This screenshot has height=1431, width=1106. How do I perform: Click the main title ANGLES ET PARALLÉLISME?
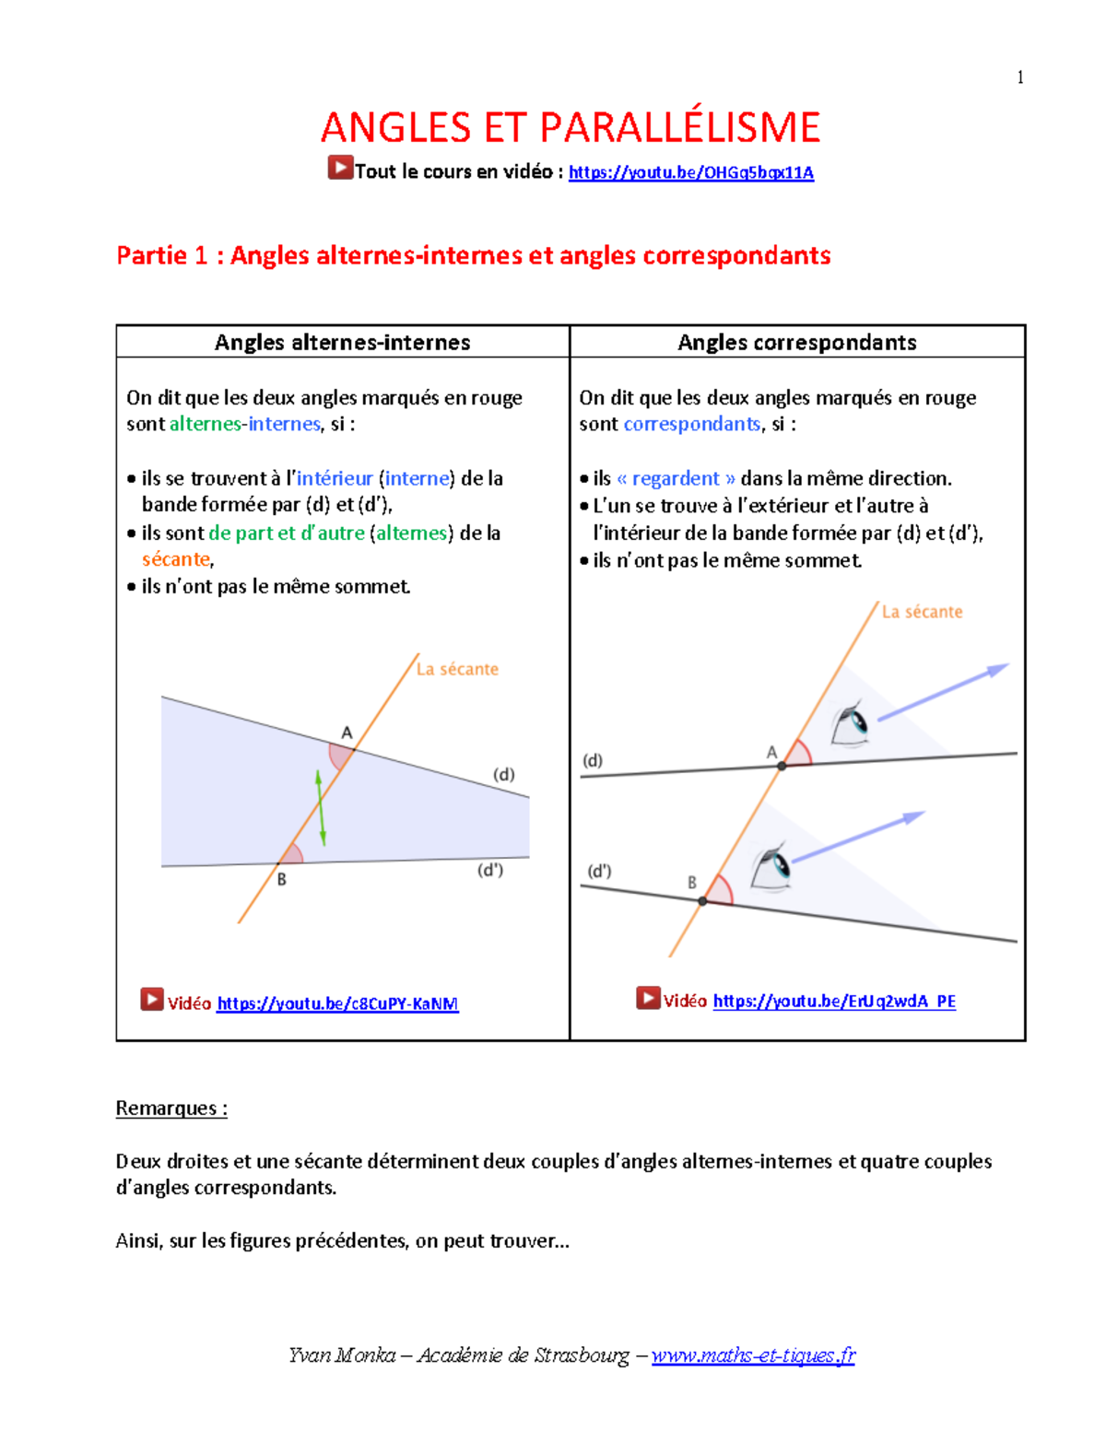pos(570,127)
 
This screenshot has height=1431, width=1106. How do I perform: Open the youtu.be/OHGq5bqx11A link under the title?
pos(690,172)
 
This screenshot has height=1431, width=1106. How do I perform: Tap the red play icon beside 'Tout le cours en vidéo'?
pos(340,168)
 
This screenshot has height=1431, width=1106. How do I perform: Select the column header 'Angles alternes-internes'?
pos(342,342)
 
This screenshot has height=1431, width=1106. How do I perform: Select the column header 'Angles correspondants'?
pos(796,342)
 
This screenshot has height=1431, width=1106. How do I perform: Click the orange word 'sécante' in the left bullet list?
pos(175,559)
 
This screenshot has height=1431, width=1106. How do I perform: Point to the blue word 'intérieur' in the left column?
pos(335,478)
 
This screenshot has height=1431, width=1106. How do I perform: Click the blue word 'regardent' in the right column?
pos(676,478)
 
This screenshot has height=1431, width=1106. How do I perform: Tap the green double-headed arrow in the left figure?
pos(321,808)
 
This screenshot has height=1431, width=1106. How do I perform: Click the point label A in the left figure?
pos(347,733)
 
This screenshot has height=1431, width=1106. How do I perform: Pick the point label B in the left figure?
pos(282,879)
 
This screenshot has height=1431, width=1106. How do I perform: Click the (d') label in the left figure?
pos(489,870)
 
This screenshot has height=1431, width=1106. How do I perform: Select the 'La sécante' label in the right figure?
pos(922,612)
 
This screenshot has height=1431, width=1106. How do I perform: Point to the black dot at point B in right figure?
pos(702,900)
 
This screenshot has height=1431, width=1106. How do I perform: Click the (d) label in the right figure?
pos(593,760)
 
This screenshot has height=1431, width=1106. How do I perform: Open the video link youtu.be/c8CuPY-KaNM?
pos(337,1003)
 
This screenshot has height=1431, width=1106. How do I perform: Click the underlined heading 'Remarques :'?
pos(171,1108)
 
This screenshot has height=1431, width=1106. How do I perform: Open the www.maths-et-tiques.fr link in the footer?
pos(753,1355)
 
